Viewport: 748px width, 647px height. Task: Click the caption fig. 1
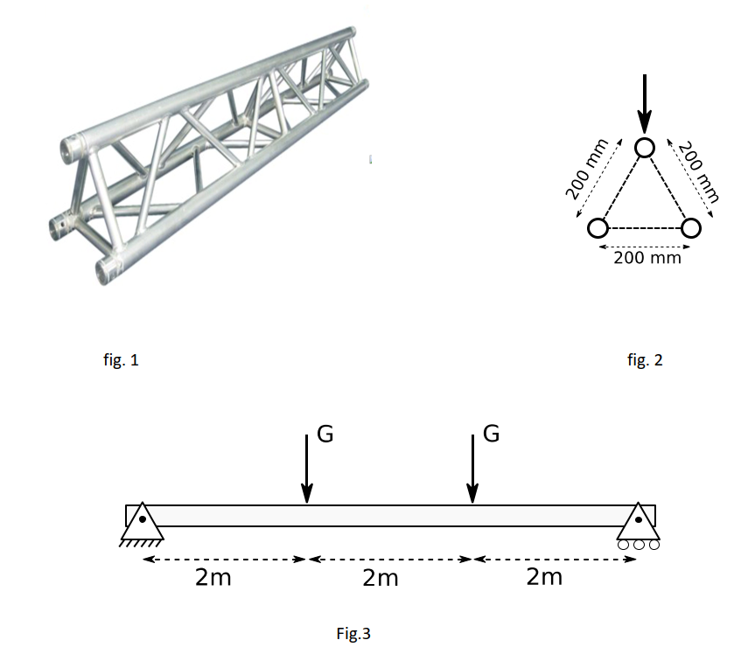click(121, 359)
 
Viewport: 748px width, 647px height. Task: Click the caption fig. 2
click(646, 359)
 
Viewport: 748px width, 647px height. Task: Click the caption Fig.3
click(353, 634)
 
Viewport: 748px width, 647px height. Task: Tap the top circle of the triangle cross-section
click(645, 148)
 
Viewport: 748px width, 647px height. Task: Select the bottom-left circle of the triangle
click(598, 228)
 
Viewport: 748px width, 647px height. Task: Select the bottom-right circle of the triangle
click(691, 228)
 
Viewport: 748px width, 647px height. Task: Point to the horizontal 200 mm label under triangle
click(647, 258)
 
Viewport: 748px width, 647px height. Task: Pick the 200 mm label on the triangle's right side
click(698, 172)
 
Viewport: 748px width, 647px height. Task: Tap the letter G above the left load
click(325, 435)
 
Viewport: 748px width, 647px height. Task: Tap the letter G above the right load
click(491, 435)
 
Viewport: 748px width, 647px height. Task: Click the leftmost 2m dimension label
click(213, 578)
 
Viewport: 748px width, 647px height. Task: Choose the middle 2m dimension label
click(380, 578)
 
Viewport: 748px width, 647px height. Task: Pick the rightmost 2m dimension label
click(545, 578)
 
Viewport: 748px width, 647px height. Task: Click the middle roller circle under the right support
click(639, 545)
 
